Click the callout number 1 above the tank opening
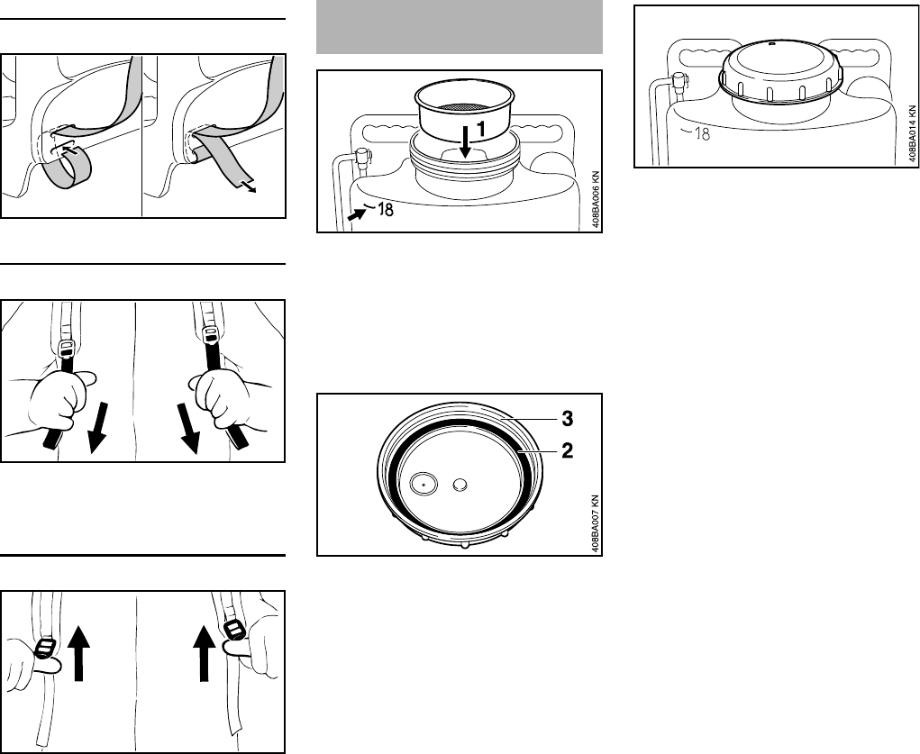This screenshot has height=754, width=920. click(x=480, y=129)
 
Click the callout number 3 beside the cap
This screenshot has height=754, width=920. click(x=567, y=418)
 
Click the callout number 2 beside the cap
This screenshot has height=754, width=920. click(x=567, y=450)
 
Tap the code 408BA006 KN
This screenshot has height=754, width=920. click(x=596, y=199)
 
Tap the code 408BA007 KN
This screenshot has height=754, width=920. click(x=596, y=523)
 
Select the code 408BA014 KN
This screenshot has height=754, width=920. click(x=913, y=134)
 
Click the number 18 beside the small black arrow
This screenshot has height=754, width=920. click(x=386, y=209)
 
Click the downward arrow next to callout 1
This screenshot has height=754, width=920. click(x=466, y=141)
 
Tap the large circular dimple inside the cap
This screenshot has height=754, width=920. click(x=424, y=484)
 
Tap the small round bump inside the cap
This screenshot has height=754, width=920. click(x=460, y=484)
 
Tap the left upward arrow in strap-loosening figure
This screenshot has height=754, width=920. click(x=78, y=653)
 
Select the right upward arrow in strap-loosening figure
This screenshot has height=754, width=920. click(x=205, y=653)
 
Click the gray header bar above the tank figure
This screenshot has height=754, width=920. click(x=460, y=27)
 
